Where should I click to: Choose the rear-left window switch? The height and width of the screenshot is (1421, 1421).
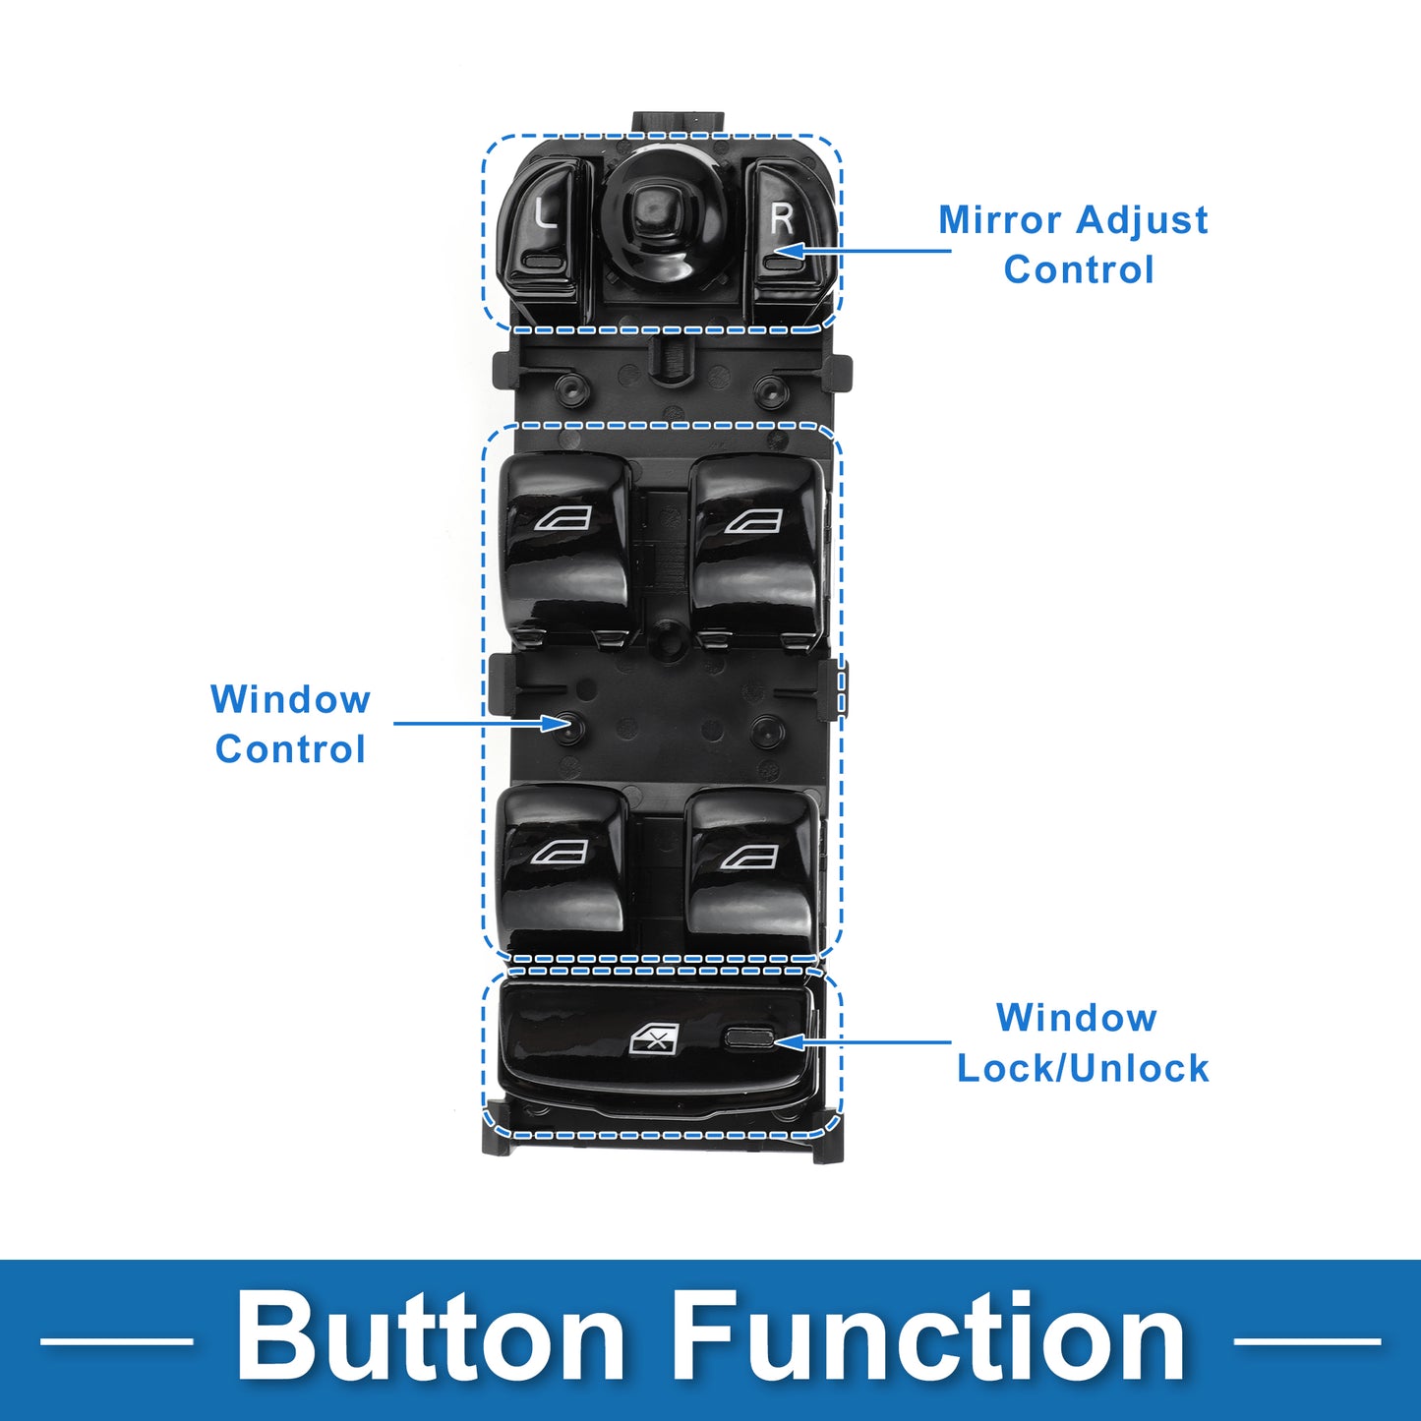coord(561,865)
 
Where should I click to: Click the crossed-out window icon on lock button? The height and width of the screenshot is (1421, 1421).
coord(654,1037)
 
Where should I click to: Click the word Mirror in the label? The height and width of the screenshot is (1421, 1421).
coord(999,220)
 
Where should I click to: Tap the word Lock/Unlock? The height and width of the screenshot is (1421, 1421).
coord(1082,1068)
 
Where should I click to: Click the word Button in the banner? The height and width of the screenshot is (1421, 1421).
coord(431,1338)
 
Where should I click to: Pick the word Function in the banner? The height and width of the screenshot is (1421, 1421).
coord(929,1338)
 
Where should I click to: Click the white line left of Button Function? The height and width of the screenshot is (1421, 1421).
coord(116,1340)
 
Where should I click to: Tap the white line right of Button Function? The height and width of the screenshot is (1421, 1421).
coord(1306,1340)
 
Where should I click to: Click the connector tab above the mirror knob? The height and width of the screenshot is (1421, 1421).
coord(679,122)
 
